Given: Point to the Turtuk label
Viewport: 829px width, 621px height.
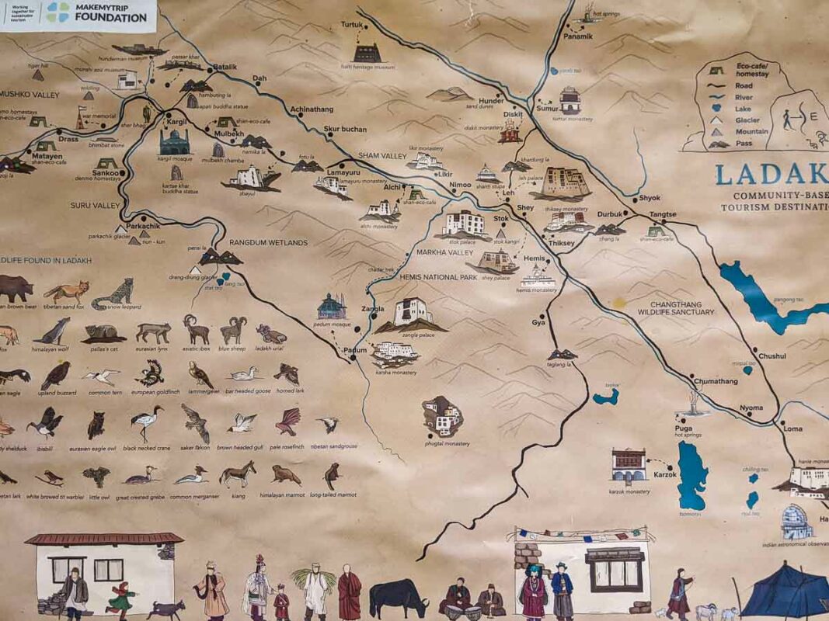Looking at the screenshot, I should tap(352, 25).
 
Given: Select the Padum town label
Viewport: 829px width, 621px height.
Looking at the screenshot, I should tap(355, 350).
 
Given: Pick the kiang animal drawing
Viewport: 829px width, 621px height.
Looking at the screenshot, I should tap(237, 473).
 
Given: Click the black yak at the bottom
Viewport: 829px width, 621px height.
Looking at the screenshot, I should tap(397, 598).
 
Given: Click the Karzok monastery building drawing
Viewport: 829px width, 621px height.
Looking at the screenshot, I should tap(629, 465).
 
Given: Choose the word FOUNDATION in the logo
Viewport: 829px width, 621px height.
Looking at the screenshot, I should tap(111, 17).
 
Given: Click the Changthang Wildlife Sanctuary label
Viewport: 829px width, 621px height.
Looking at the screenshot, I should tap(675, 307).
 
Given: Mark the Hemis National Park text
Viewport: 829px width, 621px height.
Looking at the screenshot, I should tap(437, 276).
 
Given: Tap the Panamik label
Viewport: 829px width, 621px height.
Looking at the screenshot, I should tap(578, 36).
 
